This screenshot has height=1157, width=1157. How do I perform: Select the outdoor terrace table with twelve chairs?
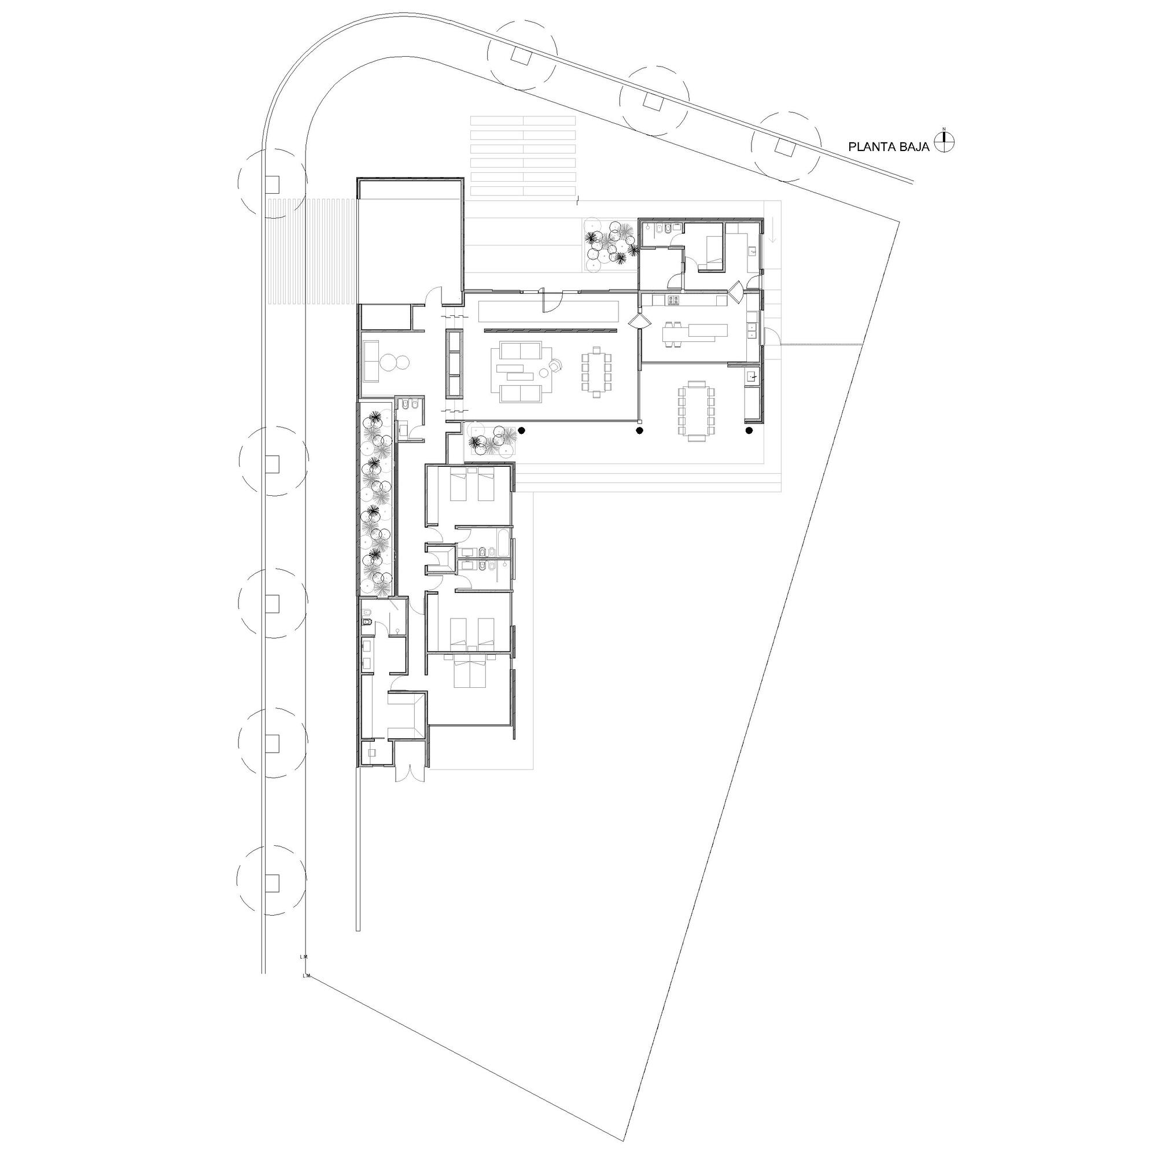coord(697,410)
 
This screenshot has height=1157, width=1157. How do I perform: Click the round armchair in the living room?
coord(557,364)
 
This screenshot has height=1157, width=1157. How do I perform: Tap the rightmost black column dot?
coord(749,430)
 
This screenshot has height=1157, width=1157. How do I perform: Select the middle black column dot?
coord(640,430)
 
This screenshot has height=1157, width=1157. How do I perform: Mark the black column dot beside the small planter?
coord(522,430)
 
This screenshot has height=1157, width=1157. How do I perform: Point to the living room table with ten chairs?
coord(596,371)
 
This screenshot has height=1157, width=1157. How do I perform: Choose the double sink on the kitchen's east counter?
coord(751,330)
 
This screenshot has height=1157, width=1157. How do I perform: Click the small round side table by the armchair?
coord(544,373)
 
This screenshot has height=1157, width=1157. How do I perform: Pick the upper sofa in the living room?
coord(521,351)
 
